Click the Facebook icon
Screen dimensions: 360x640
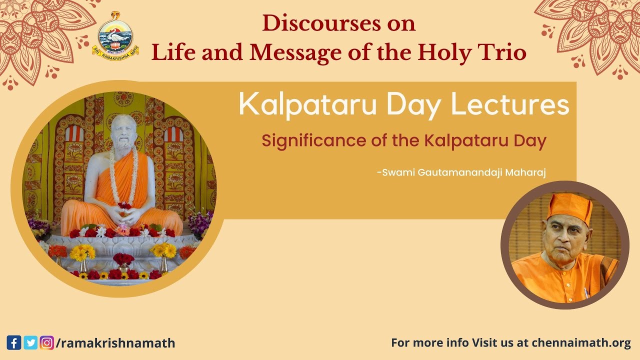tap(14, 343)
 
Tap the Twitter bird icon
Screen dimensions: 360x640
tap(30, 343)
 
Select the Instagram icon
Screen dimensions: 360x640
tap(47, 343)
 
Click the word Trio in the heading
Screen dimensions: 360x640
tap(505, 52)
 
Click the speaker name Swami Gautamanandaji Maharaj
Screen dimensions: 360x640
tap(461, 172)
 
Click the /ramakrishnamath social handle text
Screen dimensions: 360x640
tap(115, 343)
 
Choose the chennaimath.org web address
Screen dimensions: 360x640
tap(581, 343)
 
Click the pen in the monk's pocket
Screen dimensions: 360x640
tap(586, 292)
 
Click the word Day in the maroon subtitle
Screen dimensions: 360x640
tap(530, 141)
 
